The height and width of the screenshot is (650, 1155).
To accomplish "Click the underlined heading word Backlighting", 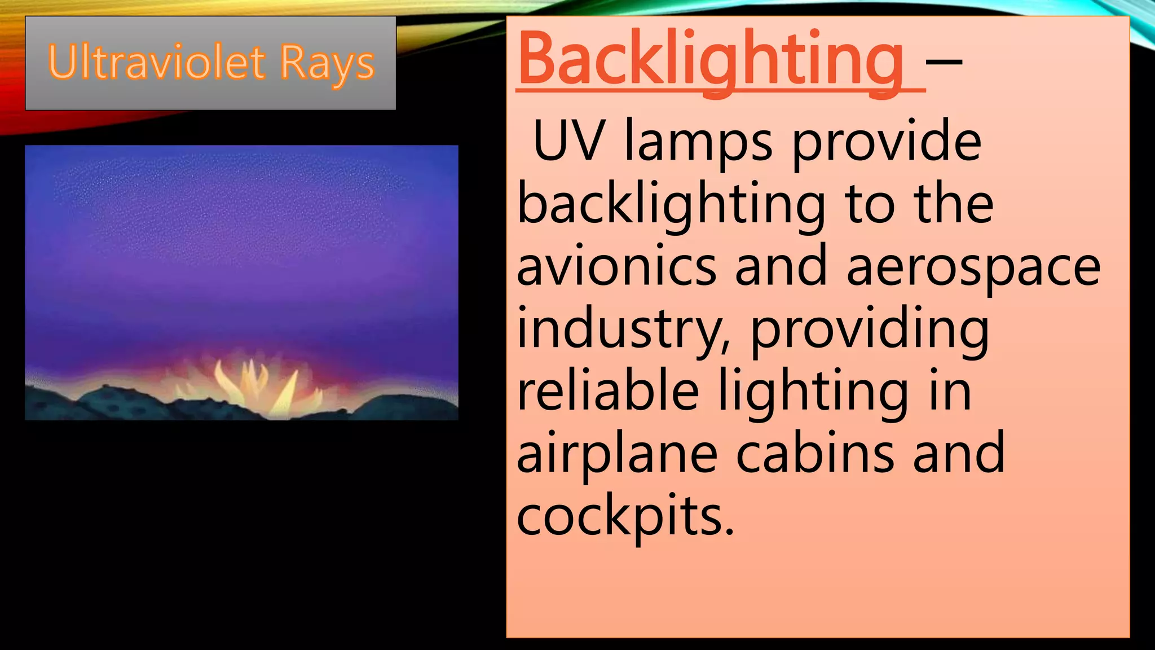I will (711, 59).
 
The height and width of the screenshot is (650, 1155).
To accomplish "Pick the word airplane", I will (616, 455).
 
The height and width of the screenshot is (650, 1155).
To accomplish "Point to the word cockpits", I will (620, 516).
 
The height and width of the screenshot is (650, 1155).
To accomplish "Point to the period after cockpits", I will (730, 530).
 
